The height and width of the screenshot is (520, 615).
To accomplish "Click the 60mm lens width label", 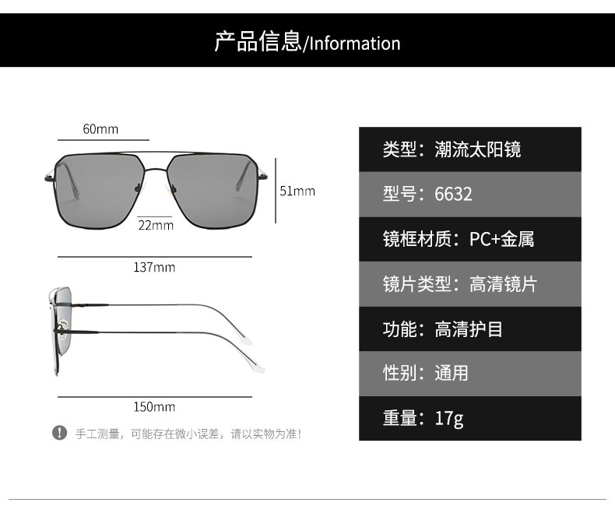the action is click(100, 129).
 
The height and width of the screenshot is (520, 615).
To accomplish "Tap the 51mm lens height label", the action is click(297, 191).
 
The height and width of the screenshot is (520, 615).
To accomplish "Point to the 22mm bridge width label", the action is click(156, 225).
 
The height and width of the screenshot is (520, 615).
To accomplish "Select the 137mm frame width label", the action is click(154, 267).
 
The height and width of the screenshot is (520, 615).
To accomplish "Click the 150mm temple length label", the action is click(154, 406).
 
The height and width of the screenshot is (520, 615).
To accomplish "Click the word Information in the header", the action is click(354, 43).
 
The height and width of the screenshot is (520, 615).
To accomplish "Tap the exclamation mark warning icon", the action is click(60, 433).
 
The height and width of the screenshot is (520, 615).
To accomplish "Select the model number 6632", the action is click(453, 194).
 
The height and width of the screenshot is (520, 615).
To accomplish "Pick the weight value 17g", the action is click(449, 418).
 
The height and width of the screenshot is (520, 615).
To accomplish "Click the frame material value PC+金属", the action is click(501, 239).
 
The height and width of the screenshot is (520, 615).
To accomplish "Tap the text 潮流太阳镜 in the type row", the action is click(477, 149).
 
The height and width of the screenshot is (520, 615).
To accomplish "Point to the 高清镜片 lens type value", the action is click(503, 284).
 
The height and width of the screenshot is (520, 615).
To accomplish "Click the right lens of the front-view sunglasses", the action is click(212, 191).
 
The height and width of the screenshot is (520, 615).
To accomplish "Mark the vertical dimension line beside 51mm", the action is click(276, 191).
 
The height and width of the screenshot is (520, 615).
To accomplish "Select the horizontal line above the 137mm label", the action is click(155, 257).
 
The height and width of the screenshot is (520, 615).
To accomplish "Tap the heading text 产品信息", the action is click(258, 41).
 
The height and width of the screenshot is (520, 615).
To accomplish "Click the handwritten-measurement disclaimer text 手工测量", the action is click(97, 434).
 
